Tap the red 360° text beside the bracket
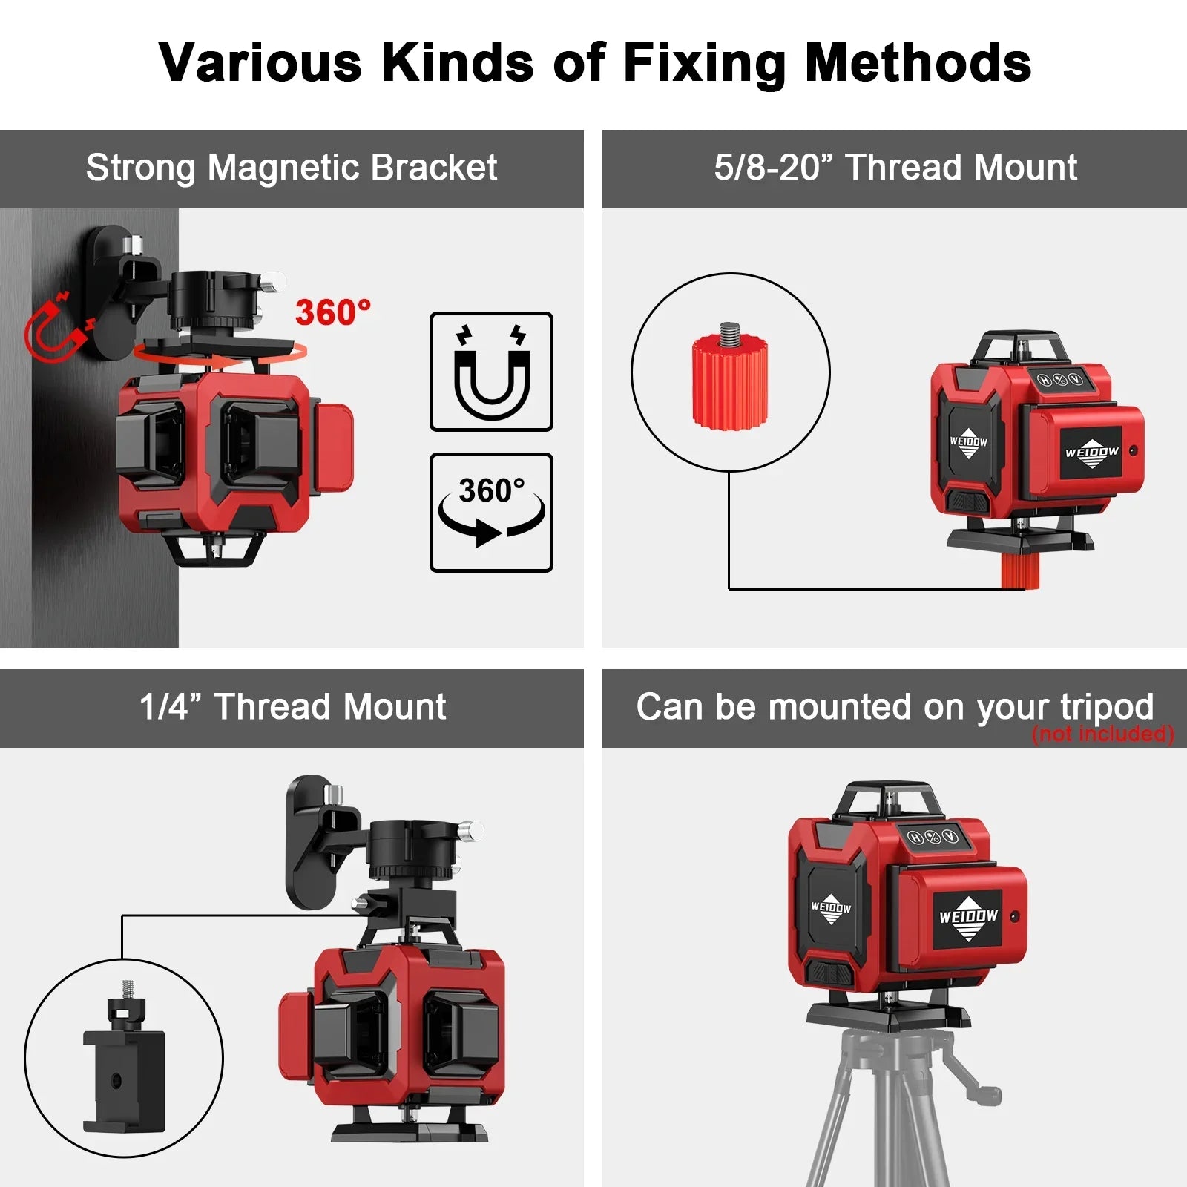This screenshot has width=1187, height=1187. [x=333, y=312]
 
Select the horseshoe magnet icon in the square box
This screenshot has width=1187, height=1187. [x=491, y=372]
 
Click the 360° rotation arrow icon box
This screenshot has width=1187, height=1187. [x=491, y=513]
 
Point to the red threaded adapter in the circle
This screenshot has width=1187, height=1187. [x=730, y=376]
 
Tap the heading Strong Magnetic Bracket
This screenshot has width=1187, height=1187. [x=292, y=168]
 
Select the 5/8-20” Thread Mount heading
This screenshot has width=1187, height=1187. [x=895, y=168]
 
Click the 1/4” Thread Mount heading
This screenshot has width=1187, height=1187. [x=293, y=707]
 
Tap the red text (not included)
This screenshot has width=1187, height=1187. [x=1103, y=734]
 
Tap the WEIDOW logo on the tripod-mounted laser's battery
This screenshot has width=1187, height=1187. [x=969, y=918]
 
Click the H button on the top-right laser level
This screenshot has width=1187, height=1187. [x=1044, y=381]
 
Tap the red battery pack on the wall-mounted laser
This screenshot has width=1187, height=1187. [x=332, y=447]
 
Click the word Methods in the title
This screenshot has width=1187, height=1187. [x=918, y=63]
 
